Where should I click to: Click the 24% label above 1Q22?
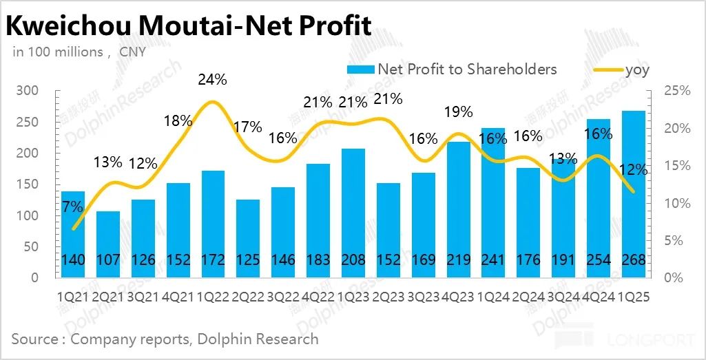tap(212, 80)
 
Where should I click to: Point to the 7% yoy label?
tap(72, 206)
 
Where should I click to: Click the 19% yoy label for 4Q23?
tap(459, 112)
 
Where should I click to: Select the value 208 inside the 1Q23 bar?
tap(353, 261)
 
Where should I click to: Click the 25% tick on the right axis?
tap(674, 91)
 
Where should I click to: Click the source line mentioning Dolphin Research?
tap(165, 339)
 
